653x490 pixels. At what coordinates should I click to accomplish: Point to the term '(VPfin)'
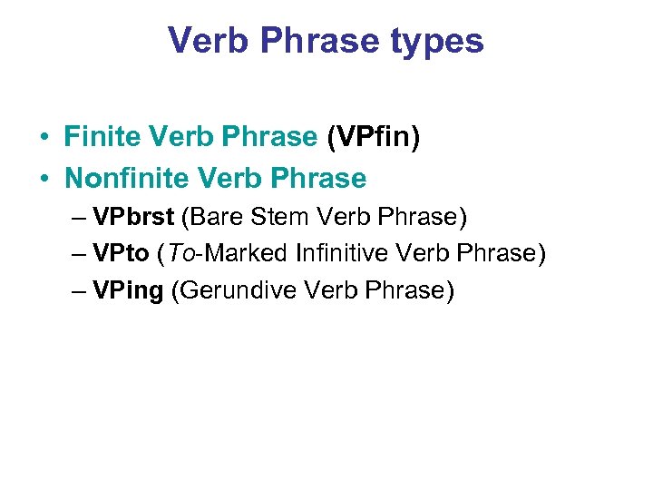coord(373,137)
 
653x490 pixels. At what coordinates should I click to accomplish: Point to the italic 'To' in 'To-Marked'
coord(176,253)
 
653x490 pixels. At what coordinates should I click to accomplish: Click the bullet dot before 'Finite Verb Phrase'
coord(44,138)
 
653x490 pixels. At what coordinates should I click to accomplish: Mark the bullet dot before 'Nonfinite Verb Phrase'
coord(44,179)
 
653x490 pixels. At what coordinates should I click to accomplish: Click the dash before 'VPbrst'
coord(77,218)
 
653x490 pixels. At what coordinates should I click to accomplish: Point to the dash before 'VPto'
coord(77,254)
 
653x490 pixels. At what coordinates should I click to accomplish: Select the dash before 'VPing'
coord(77,291)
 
